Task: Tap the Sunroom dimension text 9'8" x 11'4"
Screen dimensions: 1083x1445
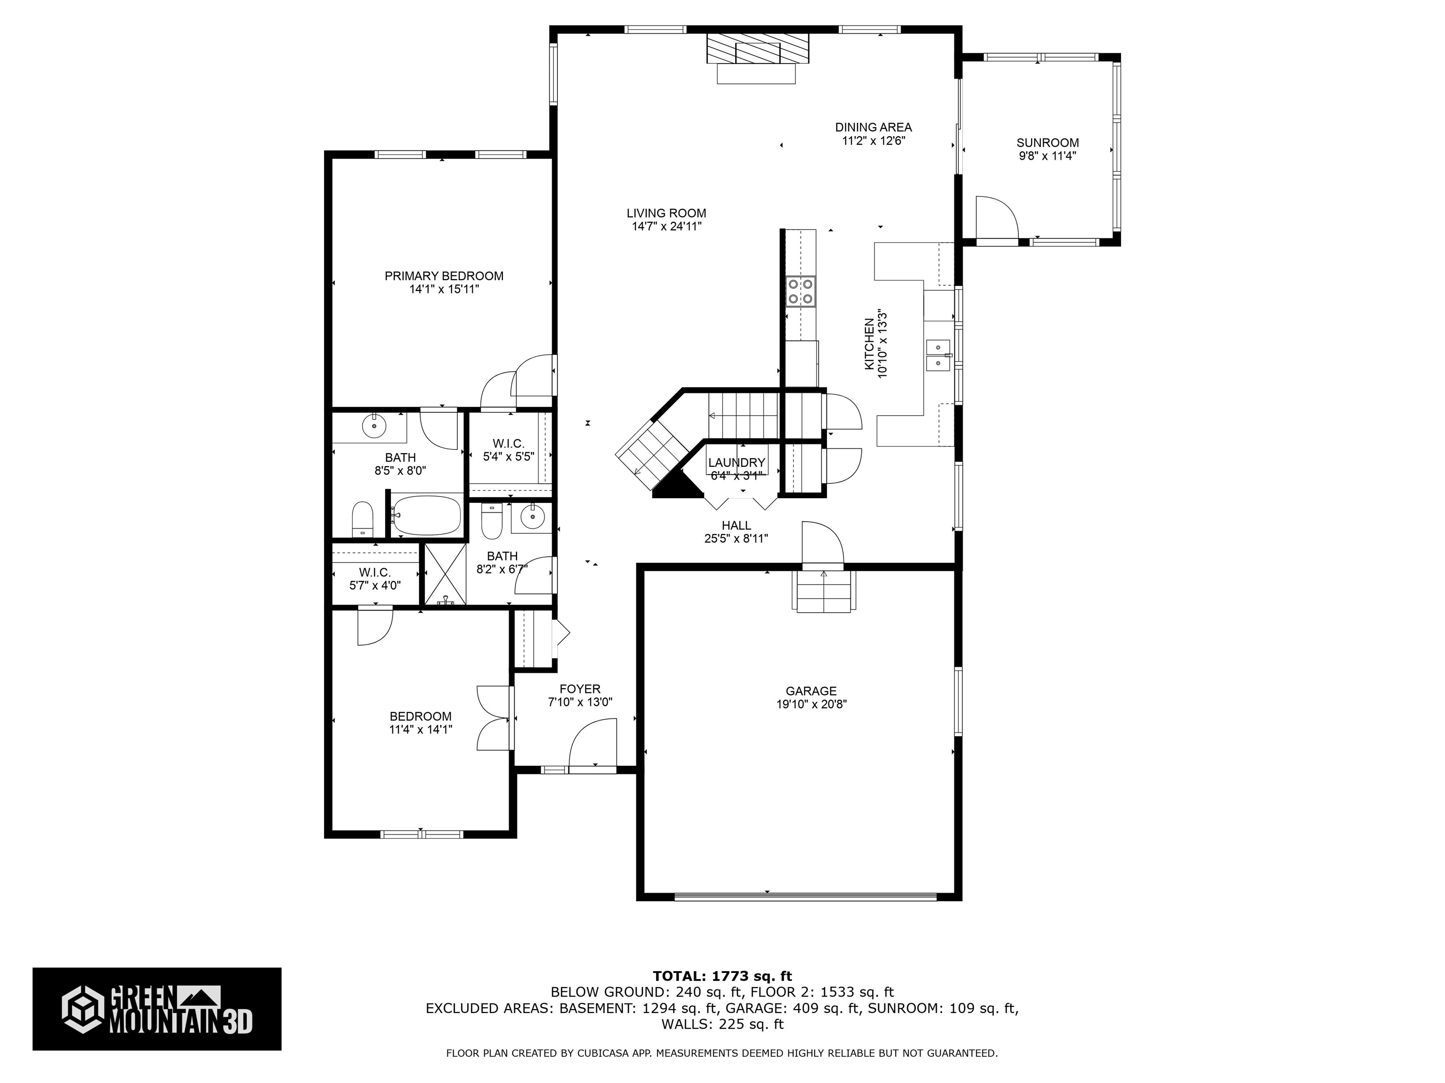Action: point(1047,156)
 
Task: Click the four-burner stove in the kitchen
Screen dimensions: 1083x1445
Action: point(800,291)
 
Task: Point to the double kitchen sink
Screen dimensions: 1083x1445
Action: point(937,354)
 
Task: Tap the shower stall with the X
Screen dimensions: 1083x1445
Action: point(445,574)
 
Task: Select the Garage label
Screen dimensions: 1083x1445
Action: point(810,691)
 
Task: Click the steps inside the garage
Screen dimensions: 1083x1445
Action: point(823,591)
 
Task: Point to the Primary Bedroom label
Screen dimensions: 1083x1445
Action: point(444,276)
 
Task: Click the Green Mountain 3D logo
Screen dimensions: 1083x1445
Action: point(157,1009)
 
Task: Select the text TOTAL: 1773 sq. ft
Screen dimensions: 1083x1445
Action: point(722,976)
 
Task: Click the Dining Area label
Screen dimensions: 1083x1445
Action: point(873,127)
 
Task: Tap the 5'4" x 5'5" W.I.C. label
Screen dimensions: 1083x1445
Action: point(508,444)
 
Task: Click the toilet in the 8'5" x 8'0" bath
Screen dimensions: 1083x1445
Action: point(362,519)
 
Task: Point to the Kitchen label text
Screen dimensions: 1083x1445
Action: point(869,344)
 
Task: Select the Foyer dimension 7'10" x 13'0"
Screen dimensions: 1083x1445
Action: point(580,702)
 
